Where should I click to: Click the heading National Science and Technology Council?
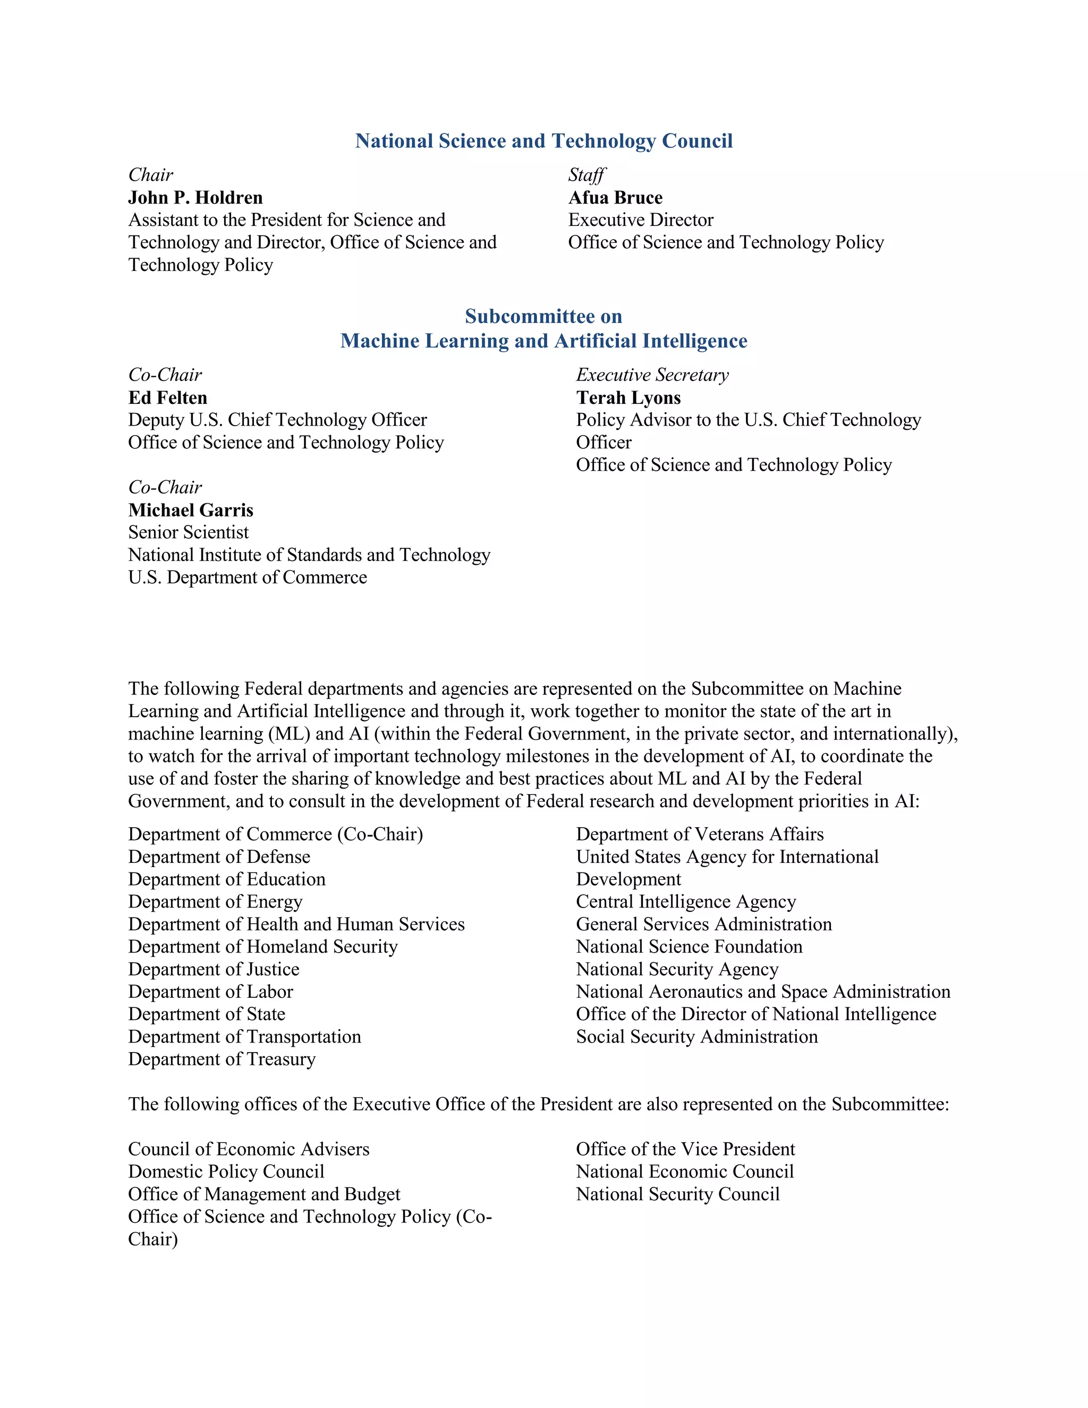[543, 141]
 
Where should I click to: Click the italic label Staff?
[586, 175]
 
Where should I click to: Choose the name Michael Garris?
[191, 510]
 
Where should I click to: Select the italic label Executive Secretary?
[652, 375]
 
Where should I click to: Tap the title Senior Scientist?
[188, 532]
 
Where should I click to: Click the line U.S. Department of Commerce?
[248, 577]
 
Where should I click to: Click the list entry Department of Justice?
[214, 969]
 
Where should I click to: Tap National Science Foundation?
[689, 946]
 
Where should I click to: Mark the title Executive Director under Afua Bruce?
[641, 220]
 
